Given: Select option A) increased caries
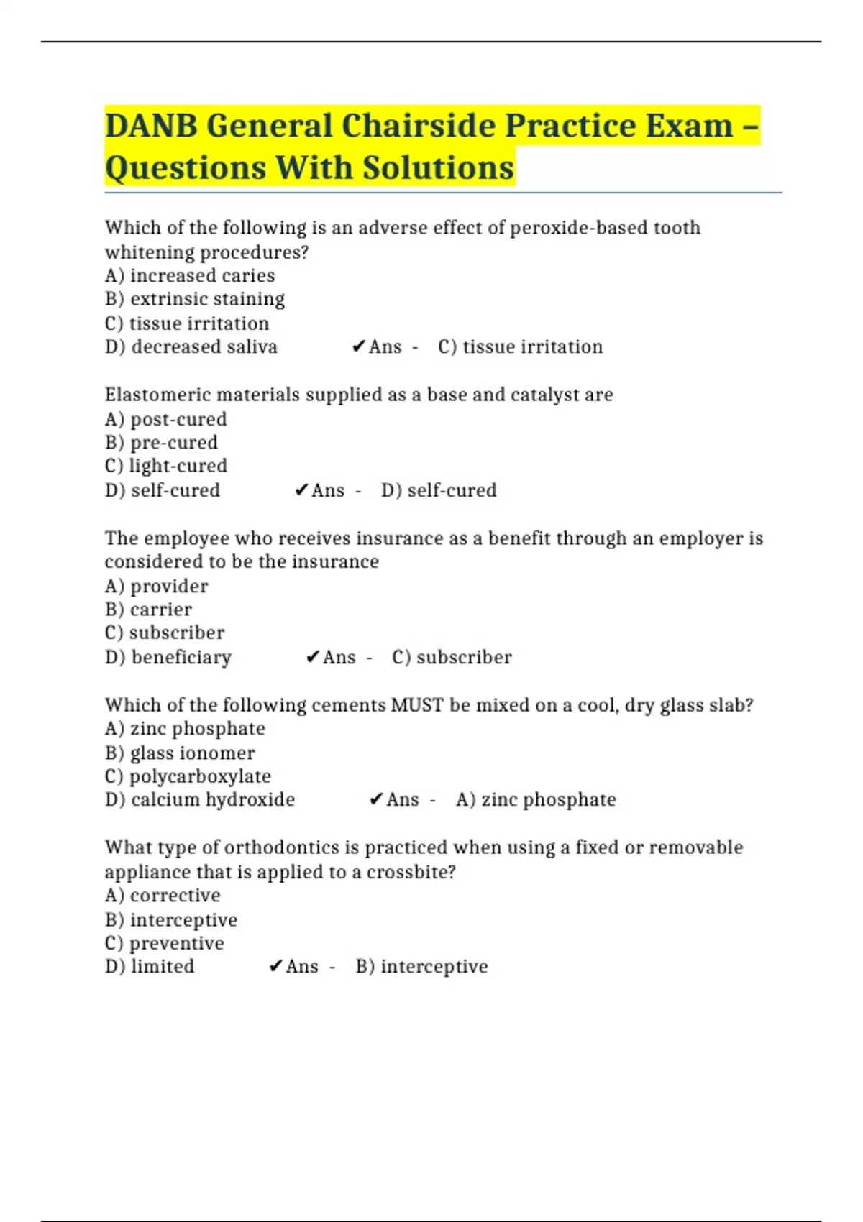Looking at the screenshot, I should tap(189, 276).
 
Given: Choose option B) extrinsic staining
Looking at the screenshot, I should tap(194, 299).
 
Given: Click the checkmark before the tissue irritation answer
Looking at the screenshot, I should tap(359, 347).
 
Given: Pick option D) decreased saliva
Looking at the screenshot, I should tap(191, 347).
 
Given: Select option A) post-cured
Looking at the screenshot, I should tap(165, 419).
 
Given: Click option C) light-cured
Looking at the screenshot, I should tap(165, 466).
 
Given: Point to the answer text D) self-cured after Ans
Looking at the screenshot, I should tap(439, 490).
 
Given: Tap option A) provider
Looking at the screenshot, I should tap(156, 586).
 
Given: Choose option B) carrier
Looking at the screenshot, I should tap(148, 610).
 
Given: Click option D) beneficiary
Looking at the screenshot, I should tap(168, 657).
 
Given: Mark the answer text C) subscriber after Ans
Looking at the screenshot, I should tap(452, 657).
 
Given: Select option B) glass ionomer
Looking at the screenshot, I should tap(180, 753).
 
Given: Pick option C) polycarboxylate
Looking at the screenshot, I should tap(188, 776).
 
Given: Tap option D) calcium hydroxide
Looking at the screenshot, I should tap(200, 800).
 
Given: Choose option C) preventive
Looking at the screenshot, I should tap(164, 943).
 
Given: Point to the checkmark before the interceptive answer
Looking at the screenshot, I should tap(275, 967).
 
